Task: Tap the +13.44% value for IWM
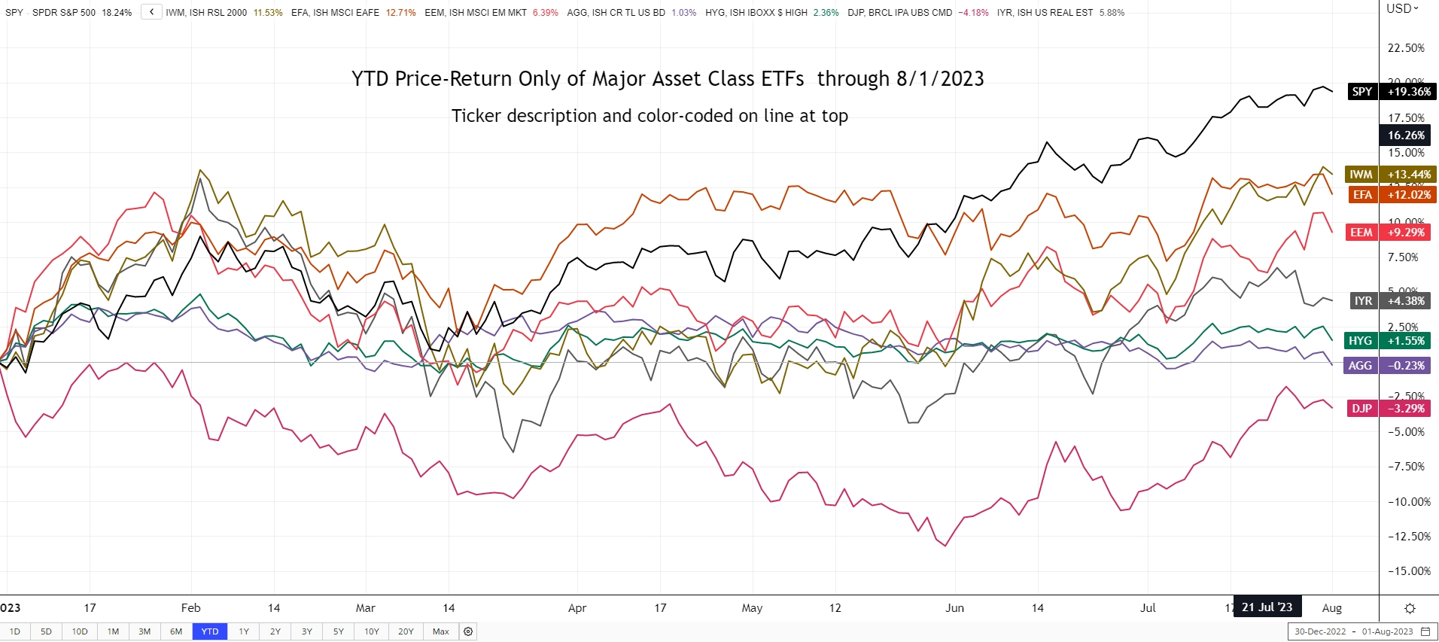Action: tap(1409, 175)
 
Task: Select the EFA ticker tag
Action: tap(1361, 195)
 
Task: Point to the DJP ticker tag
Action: tap(1361, 409)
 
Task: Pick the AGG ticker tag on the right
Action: tap(1359, 366)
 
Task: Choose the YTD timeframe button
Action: tap(210, 631)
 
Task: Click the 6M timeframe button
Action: tap(176, 631)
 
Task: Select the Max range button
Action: tap(441, 631)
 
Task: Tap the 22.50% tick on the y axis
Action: tap(1406, 48)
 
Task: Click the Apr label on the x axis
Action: tap(577, 608)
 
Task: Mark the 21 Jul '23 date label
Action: tap(1267, 607)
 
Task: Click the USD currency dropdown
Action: tap(1402, 9)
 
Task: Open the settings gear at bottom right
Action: tap(1410, 608)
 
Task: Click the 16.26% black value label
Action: tap(1406, 135)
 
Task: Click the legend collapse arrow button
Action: tap(151, 12)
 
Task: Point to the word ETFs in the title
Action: tap(782, 79)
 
